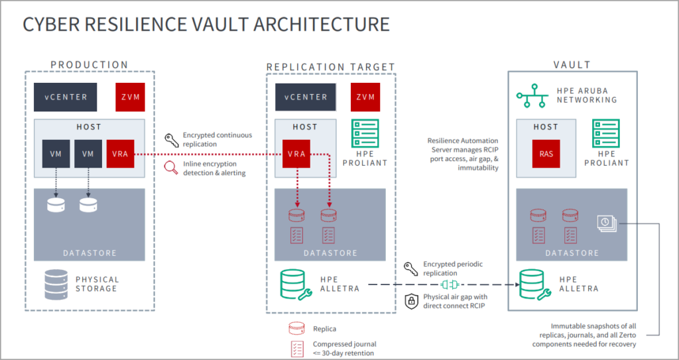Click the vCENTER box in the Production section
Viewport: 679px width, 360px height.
(x=66, y=97)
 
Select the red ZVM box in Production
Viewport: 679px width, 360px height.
(x=129, y=97)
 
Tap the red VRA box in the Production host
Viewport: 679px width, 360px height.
(x=121, y=153)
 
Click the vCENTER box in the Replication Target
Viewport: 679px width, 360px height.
(x=306, y=97)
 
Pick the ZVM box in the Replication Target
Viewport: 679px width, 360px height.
(x=365, y=97)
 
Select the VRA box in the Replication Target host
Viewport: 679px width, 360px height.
(x=296, y=153)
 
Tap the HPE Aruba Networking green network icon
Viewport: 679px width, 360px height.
(x=532, y=97)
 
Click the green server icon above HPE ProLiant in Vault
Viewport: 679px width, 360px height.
(x=605, y=134)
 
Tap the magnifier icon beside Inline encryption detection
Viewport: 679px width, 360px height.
(x=170, y=168)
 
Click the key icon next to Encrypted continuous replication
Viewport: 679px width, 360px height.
(x=170, y=139)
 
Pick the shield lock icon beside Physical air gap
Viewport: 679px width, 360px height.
(x=410, y=300)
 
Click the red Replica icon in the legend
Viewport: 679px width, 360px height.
(x=296, y=328)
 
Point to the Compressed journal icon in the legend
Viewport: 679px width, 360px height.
(x=296, y=348)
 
